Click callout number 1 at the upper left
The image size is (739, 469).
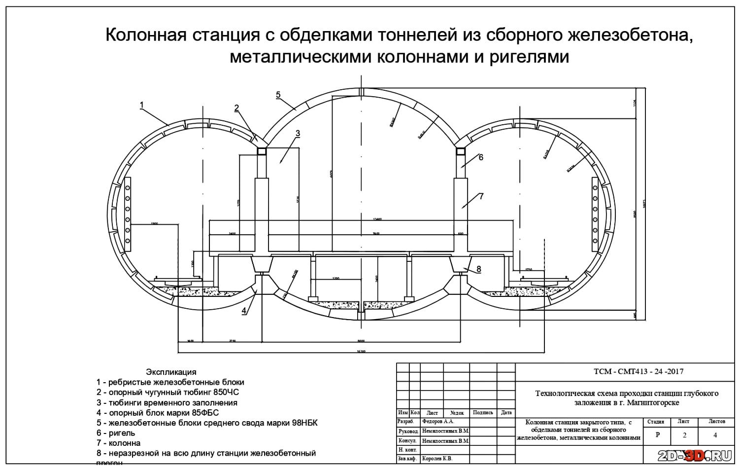click(x=142, y=105)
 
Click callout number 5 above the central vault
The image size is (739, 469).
click(x=278, y=94)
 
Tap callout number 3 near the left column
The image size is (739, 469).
click(x=298, y=133)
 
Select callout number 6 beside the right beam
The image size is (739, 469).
click(x=481, y=157)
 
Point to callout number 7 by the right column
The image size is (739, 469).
click(x=481, y=196)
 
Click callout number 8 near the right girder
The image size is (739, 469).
click(x=478, y=269)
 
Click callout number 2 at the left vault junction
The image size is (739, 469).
click(x=237, y=108)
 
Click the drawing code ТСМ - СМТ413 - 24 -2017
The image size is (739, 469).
click(x=638, y=371)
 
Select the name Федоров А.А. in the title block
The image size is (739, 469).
click(x=438, y=422)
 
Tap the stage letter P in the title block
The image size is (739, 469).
click(x=658, y=435)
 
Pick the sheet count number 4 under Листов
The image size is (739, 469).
click(x=715, y=435)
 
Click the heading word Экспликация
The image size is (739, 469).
click(x=171, y=372)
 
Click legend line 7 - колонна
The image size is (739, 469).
click(x=118, y=443)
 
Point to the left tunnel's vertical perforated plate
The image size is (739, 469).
click(x=128, y=212)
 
